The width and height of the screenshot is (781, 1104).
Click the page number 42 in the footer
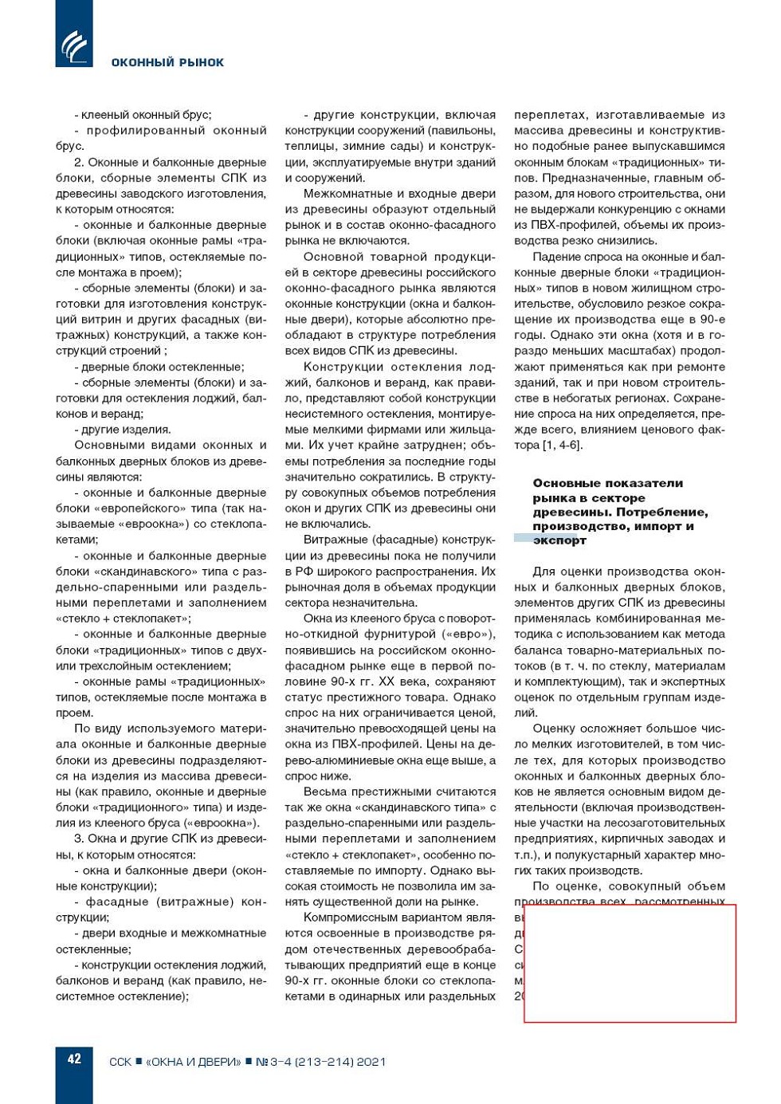coord(74,1059)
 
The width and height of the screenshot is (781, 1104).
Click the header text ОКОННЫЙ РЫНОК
coord(167,62)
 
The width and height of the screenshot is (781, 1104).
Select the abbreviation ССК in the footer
coord(120,1062)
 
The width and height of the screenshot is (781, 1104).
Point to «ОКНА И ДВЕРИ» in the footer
coord(193,1062)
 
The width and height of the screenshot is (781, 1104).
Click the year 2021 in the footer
coord(371,1062)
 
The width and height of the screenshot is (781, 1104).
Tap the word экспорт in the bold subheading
coord(559,540)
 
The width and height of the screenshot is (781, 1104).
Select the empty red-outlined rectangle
coord(630,963)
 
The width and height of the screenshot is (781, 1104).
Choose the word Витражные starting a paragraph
coord(331,540)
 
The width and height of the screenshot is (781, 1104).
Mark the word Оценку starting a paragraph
coord(554,729)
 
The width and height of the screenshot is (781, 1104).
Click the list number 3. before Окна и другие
coord(79,839)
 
